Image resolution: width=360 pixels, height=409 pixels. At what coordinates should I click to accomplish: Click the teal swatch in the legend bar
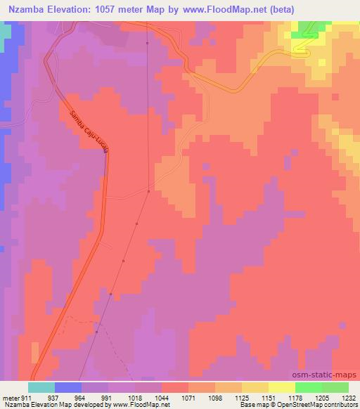point(41,387)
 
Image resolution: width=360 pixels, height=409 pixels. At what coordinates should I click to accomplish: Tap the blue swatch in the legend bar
point(68,387)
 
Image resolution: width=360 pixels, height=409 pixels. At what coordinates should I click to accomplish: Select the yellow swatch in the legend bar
point(282,387)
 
